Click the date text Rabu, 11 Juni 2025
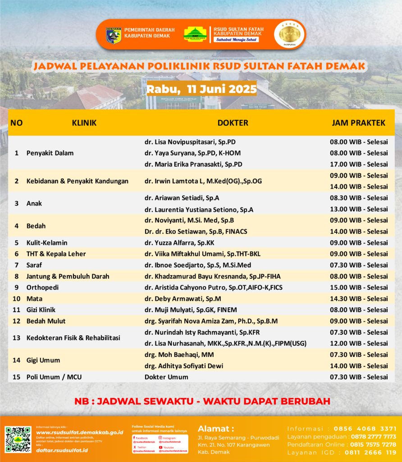point(201,88)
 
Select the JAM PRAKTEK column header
point(358,122)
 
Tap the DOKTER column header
point(233,122)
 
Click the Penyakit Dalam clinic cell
point(50,153)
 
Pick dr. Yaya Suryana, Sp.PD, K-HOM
point(192,153)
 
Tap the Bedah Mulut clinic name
point(46,321)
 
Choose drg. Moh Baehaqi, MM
point(179,355)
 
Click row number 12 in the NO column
point(17,321)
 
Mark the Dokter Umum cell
point(166,377)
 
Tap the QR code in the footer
point(18,439)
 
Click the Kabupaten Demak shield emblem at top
point(114,35)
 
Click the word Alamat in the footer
point(216,428)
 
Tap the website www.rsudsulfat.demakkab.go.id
point(79,432)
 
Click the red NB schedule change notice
point(202,401)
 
